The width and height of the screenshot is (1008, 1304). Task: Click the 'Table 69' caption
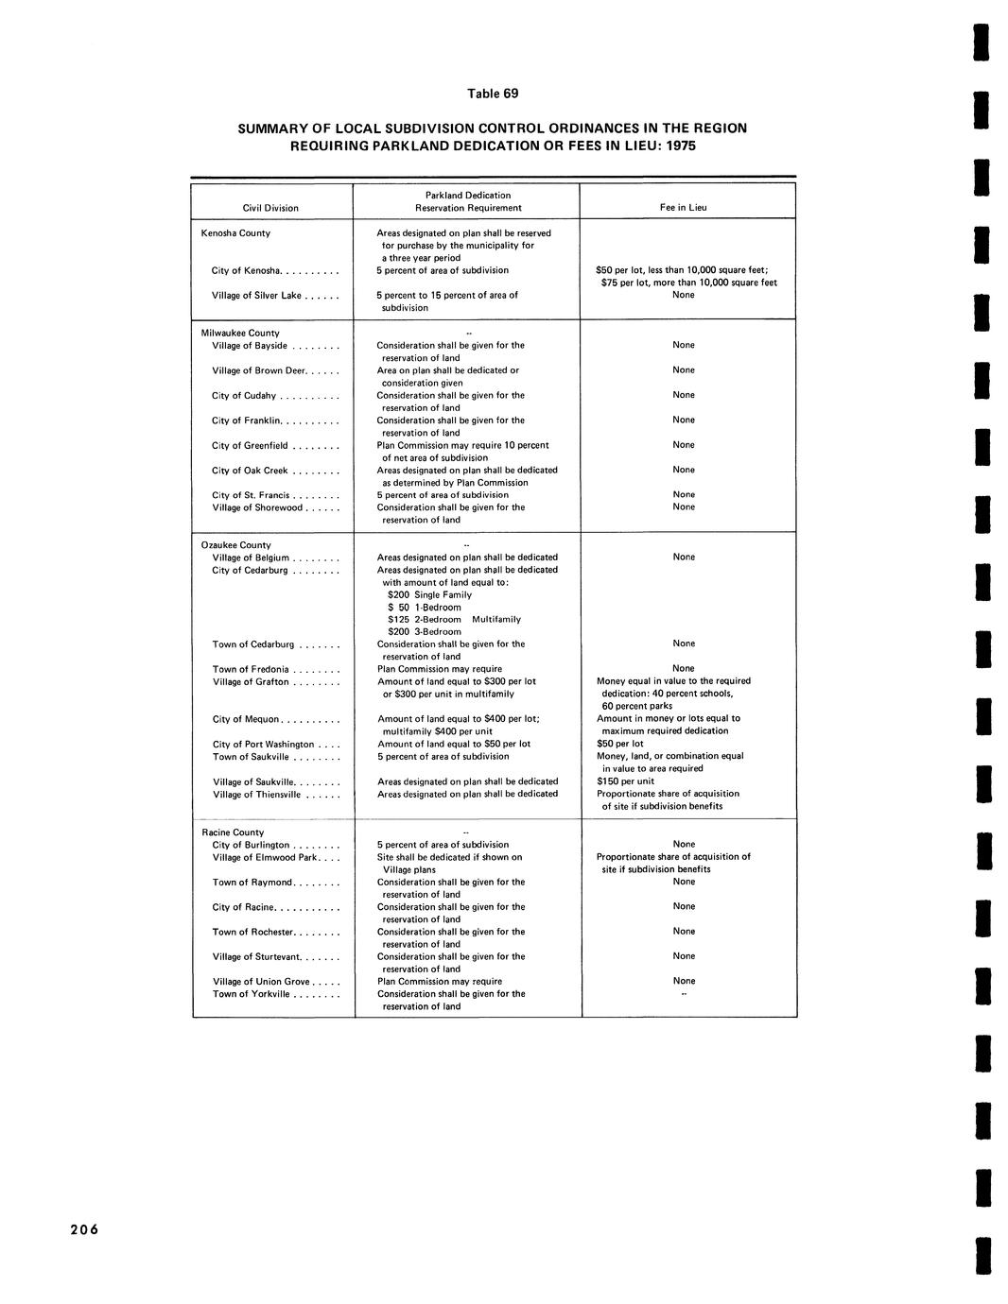pyautogui.click(x=493, y=94)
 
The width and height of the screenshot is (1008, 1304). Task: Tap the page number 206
pyautogui.click(x=83, y=1229)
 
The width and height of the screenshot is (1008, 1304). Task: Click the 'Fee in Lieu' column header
pyautogui.click(x=683, y=208)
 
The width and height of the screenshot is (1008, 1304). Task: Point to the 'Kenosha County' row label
pyautogui.click(x=235, y=233)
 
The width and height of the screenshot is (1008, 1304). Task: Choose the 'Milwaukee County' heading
pyautogui.click(x=240, y=333)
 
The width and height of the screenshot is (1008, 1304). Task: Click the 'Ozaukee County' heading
pyautogui.click(x=236, y=545)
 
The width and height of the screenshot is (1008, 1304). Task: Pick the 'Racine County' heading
pyautogui.click(x=233, y=832)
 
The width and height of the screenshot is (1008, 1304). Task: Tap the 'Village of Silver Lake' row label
pyautogui.click(x=256, y=296)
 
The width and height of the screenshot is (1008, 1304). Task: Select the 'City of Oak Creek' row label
pyautogui.click(x=250, y=471)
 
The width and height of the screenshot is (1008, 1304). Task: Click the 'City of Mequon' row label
pyautogui.click(x=246, y=719)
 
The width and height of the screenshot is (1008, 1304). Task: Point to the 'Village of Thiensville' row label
pyautogui.click(x=256, y=795)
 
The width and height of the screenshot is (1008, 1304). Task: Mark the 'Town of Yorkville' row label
pyautogui.click(x=252, y=994)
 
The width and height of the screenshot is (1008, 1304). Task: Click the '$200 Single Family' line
pyautogui.click(x=429, y=595)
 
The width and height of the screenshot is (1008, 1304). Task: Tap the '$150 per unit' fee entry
pyautogui.click(x=625, y=781)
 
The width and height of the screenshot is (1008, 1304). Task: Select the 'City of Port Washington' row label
pyautogui.click(x=263, y=745)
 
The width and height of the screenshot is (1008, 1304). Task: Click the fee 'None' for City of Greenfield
pyautogui.click(x=684, y=445)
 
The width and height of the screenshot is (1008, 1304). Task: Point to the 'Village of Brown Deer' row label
pyautogui.click(x=255, y=370)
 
